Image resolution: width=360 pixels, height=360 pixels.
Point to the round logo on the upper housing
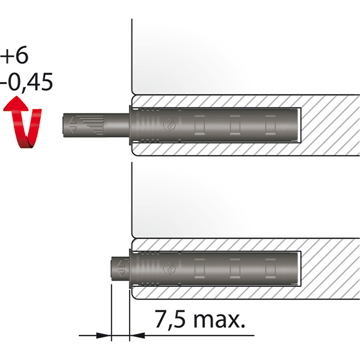tap(170, 125)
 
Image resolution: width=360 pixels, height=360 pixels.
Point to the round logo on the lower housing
tap(170, 268)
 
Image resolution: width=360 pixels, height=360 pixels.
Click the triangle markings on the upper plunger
tap(73, 124)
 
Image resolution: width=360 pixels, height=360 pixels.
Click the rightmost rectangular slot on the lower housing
tap(271, 268)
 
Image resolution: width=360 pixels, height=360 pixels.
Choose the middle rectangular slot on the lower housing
tap(235, 268)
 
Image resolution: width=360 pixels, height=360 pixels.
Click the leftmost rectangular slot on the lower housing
tap(199, 268)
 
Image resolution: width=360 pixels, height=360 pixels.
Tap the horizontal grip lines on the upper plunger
tap(90, 124)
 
